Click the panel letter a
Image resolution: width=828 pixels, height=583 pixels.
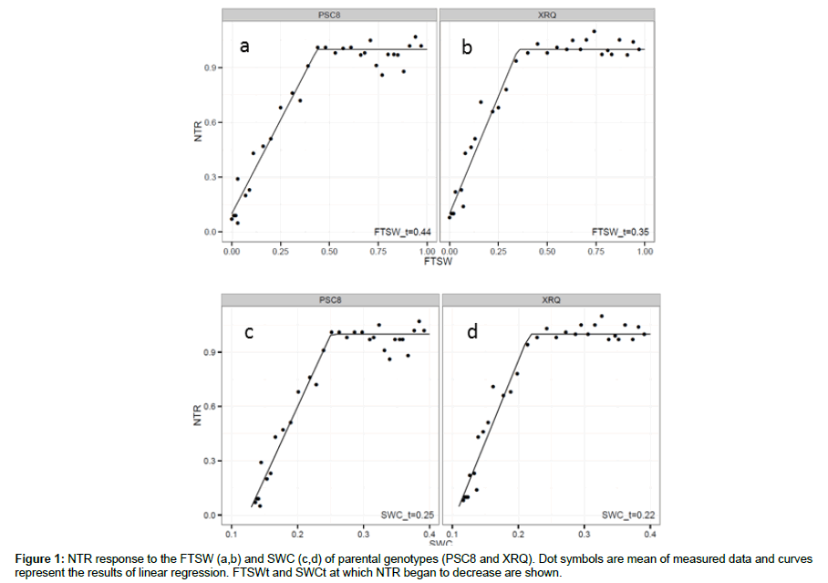click(x=244, y=46)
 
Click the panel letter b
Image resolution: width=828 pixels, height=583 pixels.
click(x=467, y=47)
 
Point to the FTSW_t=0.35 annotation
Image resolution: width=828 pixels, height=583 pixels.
click(x=621, y=232)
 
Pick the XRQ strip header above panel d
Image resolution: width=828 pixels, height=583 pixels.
click(x=550, y=299)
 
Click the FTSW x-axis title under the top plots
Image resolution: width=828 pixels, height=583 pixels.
click(x=436, y=261)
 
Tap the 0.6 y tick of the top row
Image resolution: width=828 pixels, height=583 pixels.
click(x=211, y=122)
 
